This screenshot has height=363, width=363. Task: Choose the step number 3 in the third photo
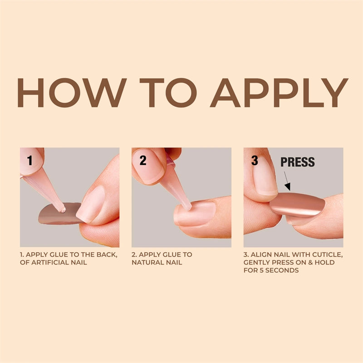coord(255,160)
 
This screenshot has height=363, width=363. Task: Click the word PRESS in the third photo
coord(297,162)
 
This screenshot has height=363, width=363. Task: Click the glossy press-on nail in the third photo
coord(297,204)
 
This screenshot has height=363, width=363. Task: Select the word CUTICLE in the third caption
coord(326,255)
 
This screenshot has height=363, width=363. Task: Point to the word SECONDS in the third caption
coord(284,270)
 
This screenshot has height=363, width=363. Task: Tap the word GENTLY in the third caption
coord(257,262)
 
